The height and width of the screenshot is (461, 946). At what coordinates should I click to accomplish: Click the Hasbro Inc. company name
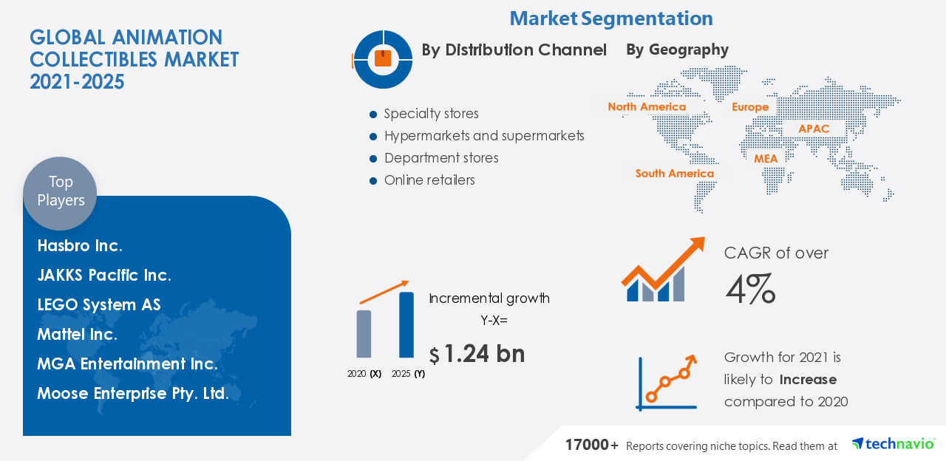point(80,245)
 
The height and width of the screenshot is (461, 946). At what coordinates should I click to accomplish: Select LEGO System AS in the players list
point(99,305)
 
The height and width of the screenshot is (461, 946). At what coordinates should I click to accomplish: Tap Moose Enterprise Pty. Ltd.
point(133,394)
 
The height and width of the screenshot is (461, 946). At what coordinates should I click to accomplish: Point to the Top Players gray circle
point(60,194)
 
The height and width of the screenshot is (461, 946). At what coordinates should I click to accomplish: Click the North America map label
point(647,107)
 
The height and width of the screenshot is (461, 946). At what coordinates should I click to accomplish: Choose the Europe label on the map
point(750,107)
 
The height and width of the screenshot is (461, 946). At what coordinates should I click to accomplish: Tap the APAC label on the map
point(814,129)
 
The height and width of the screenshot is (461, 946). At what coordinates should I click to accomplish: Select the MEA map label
point(766,159)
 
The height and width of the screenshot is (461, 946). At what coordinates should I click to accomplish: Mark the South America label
point(675,174)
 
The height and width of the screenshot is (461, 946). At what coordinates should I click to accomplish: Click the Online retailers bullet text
point(429,180)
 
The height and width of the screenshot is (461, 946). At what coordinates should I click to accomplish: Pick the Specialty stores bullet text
point(431,114)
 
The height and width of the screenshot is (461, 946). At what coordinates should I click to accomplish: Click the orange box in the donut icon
point(383,58)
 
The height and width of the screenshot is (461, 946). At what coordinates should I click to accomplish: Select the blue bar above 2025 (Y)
point(406,324)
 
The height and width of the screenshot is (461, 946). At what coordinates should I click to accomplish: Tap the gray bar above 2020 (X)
point(364,334)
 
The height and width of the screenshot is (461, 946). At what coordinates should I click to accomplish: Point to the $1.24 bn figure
point(477,354)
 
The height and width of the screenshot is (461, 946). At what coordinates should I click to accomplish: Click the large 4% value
point(750,289)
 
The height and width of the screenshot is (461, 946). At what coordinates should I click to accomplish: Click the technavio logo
point(893,444)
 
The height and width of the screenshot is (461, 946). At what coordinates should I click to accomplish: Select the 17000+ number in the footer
point(592,445)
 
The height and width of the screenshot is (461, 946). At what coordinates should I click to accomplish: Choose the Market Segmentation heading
point(611,18)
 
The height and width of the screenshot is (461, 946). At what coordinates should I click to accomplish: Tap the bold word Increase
point(808,380)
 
